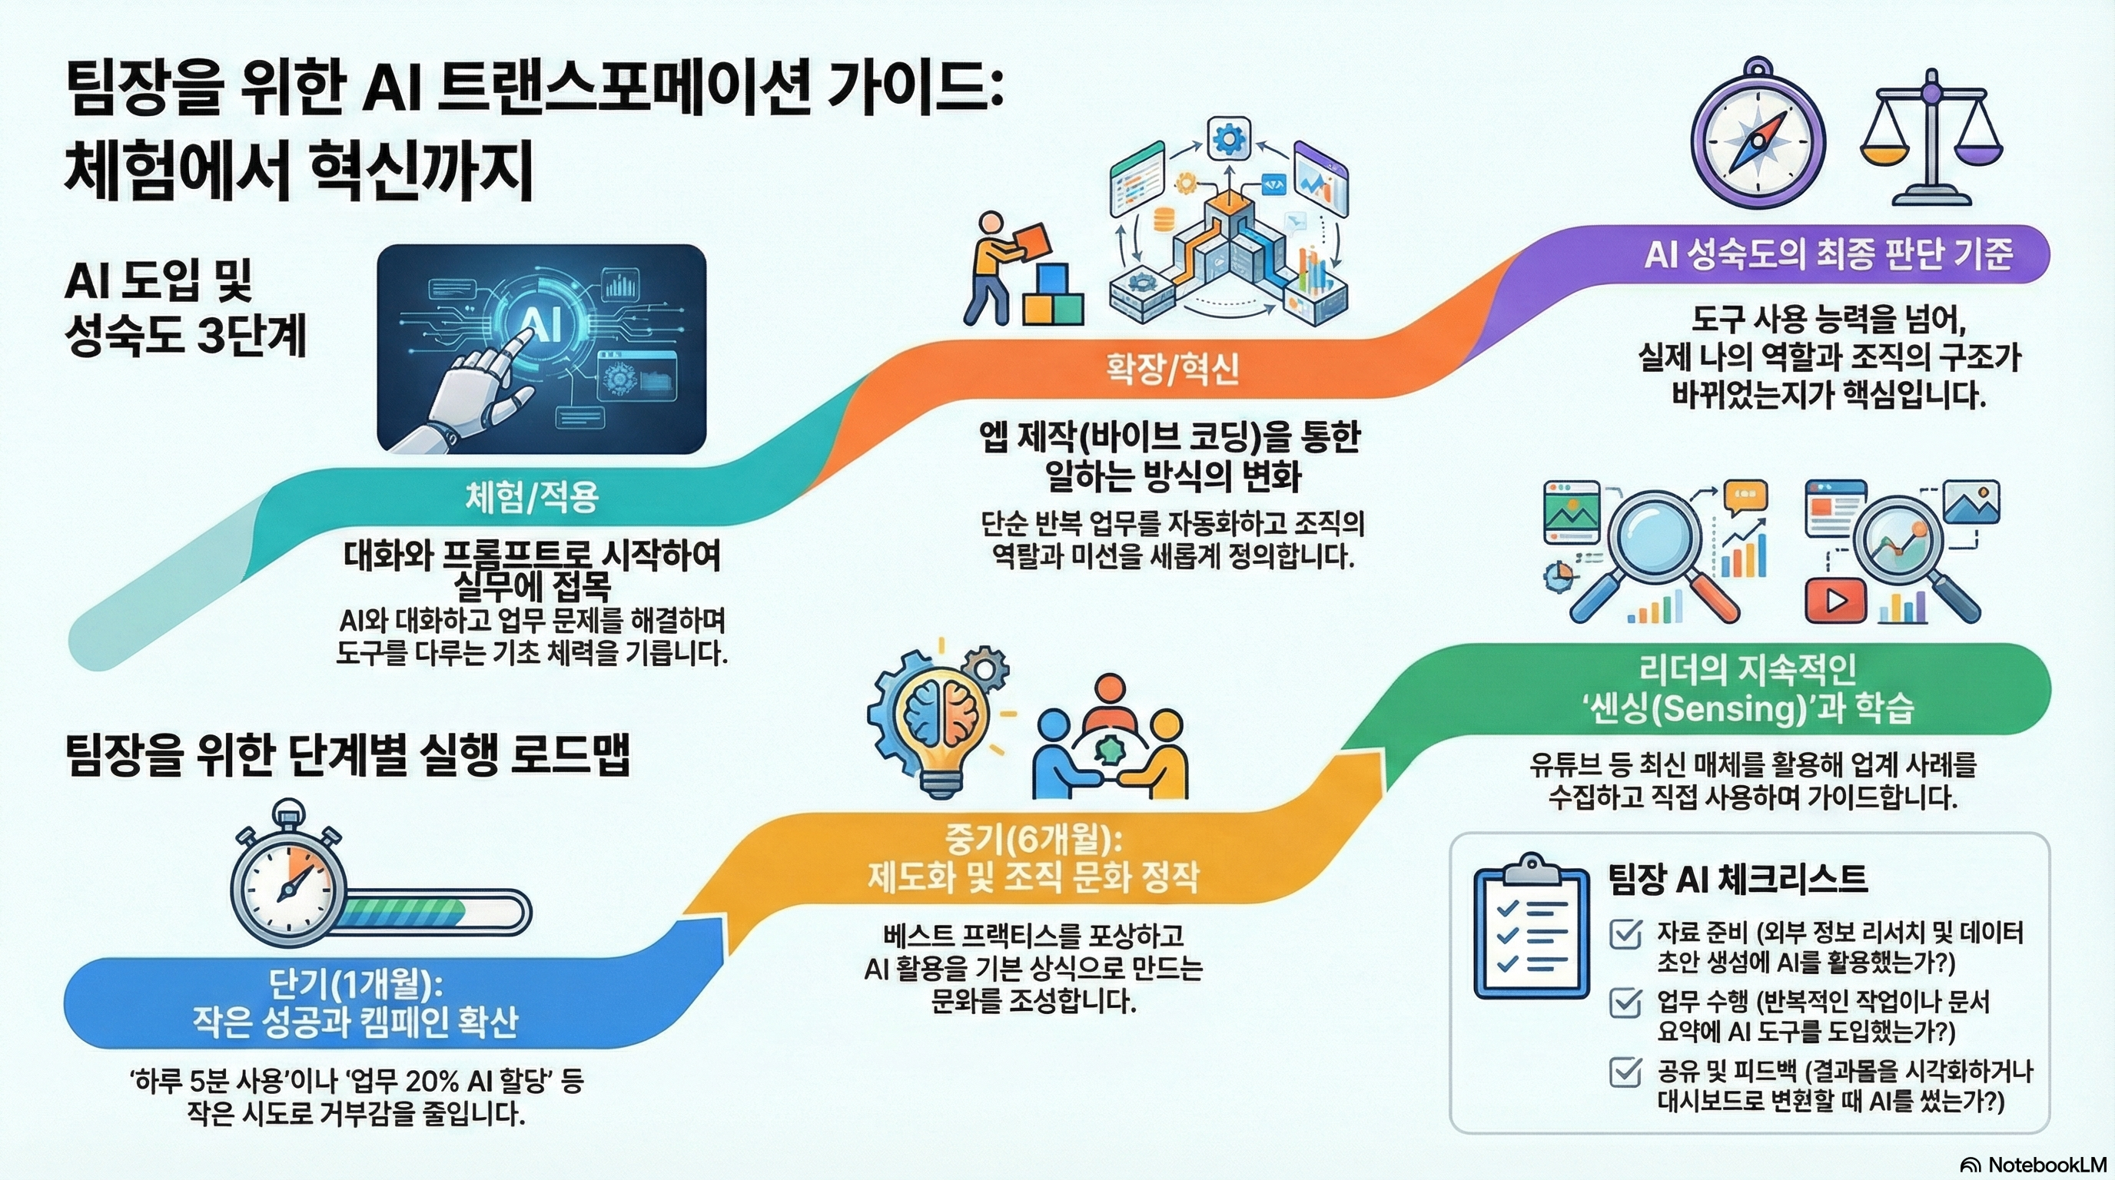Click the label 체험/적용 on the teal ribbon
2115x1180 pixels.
532,497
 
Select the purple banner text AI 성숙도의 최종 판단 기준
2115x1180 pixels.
1828,254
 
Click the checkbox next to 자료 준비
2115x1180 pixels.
1625,935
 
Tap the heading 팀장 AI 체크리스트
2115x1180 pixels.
1738,880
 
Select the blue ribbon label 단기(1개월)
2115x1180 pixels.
356,983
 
